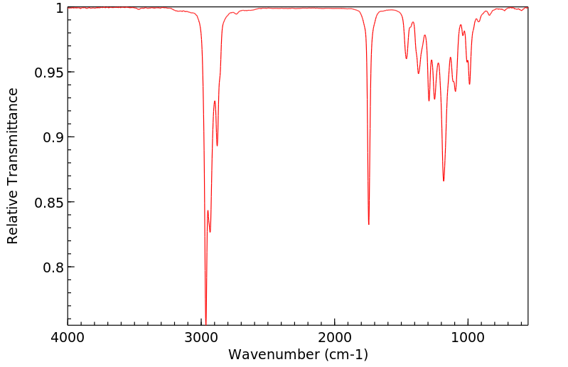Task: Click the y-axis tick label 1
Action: [x=58, y=8]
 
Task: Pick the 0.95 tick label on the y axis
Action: [x=48, y=73]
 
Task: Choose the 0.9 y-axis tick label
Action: [x=52, y=137]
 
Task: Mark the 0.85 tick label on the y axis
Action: [x=48, y=203]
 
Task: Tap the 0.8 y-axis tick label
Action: [x=52, y=267]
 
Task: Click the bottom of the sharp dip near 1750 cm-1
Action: [x=368, y=225]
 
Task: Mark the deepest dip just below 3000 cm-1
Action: [x=205, y=324]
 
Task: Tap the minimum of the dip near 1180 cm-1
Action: [x=444, y=181]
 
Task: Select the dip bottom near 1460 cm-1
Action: [x=407, y=58]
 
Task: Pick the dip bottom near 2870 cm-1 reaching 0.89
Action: [x=218, y=146]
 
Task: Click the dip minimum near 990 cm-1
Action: [x=469, y=84]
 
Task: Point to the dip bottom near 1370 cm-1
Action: [x=419, y=73]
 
